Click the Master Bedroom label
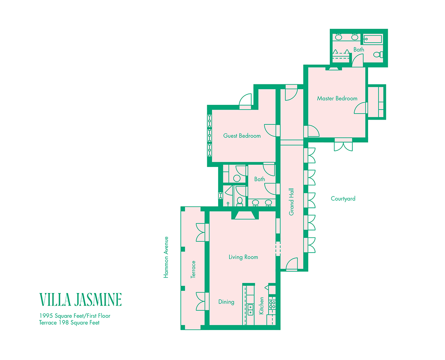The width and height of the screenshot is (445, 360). tap(337, 98)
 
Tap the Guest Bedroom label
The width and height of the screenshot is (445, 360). tap(242, 136)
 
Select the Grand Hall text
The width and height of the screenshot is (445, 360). tap(292, 202)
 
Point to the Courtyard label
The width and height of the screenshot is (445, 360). tap(343, 199)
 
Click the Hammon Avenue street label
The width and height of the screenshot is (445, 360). tap(166, 257)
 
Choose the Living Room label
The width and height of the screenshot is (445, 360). tap(243, 257)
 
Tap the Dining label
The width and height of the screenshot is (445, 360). tap(226, 302)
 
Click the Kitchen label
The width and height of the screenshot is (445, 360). tap(262, 306)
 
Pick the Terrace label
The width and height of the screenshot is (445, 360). tap(193, 269)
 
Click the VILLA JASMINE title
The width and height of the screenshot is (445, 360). tap(80, 300)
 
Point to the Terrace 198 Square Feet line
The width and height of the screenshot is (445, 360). tap(69, 323)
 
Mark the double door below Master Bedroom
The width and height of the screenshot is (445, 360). tap(343, 145)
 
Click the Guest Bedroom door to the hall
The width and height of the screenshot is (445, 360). tap(270, 130)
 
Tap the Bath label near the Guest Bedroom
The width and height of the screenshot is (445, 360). tap(259, 179)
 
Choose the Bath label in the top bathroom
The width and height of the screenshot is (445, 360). tap(359, 50)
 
